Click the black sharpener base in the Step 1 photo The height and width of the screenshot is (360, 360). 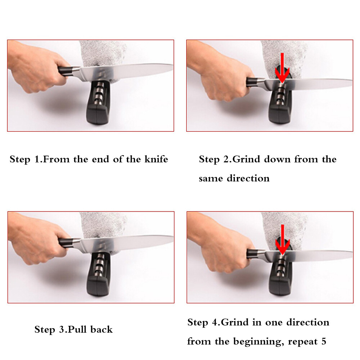(97, 108)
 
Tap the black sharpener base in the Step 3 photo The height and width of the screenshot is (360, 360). (97, 279)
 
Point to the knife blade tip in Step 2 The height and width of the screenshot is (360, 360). (349, 82)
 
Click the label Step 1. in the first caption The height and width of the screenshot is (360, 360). (25, 159)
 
